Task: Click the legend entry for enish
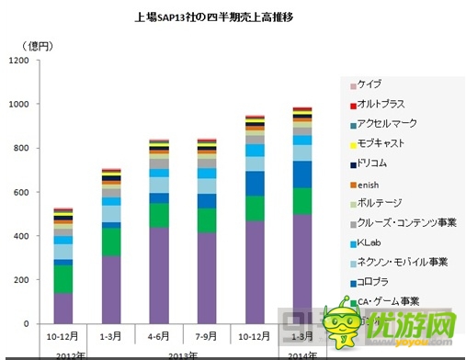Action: click(372, 184)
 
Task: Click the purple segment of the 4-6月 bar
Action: click(159, 276)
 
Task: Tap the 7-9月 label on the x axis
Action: click(207, 336)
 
